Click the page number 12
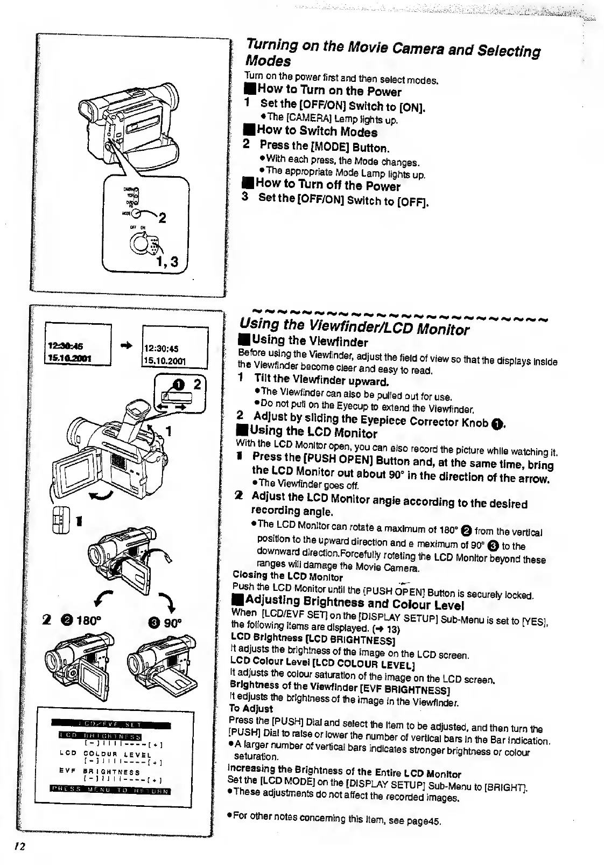(20, 846)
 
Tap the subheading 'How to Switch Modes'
(317, 131)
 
